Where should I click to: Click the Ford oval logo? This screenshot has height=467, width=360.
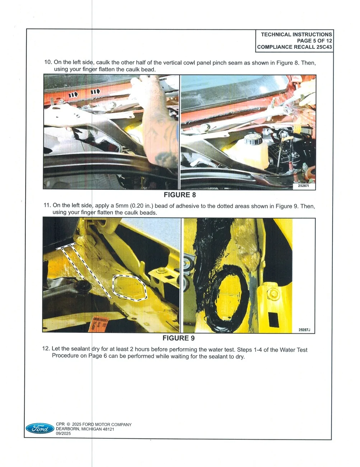(40, 428)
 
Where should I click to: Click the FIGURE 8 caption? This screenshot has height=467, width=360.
(180, 195)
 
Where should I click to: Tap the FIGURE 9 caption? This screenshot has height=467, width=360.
(178, 338)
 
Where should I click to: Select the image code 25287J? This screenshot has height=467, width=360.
(304, 330)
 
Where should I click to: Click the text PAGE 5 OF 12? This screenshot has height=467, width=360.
(314, 41)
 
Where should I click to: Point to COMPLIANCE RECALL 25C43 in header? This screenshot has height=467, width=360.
(294, 47)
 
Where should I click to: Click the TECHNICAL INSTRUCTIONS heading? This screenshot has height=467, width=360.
(296, 34)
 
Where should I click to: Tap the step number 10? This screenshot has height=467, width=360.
(48, 62)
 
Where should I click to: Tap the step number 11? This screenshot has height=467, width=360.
(47, 205)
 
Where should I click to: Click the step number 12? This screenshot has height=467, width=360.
(46, 348)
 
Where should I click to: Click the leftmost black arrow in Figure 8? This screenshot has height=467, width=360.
(73, 94)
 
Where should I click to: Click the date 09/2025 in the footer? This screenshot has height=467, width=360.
(63, 434)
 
